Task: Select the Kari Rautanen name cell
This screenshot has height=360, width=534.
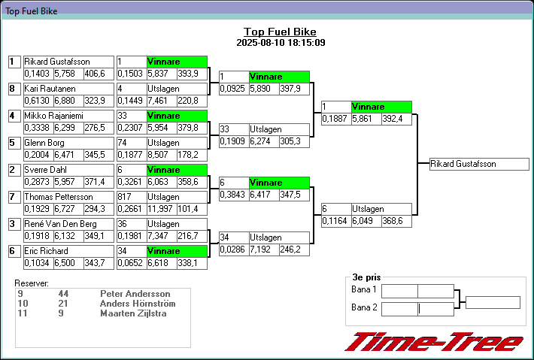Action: click(x=68, y=89)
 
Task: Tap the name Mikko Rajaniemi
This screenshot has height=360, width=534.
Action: click(x=68, y=116)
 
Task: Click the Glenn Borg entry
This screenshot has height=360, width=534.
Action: click(x=68, y=143)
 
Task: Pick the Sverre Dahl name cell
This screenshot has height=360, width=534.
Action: click(x=68, y=170)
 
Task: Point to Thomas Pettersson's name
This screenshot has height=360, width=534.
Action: click(x=68, y=197)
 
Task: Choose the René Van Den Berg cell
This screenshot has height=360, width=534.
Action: click(x=68, y=224)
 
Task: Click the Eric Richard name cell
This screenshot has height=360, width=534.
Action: click(x=68, y=251)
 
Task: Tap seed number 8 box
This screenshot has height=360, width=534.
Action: click(x=13, y=89)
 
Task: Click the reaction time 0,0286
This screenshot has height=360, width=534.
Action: click(x=232, y=249)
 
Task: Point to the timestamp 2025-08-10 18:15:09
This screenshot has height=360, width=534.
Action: click(x=281, y=43)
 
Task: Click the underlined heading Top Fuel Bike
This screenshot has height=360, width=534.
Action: click(x=280, y=32)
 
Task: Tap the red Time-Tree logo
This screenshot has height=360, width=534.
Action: click(x=434, y=343)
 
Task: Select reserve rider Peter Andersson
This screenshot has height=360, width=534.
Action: click(x=135, y=294)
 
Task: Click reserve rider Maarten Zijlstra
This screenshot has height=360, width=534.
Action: click(x=134, y=313)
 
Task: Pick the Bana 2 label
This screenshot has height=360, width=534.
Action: click(x=364, y=307)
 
